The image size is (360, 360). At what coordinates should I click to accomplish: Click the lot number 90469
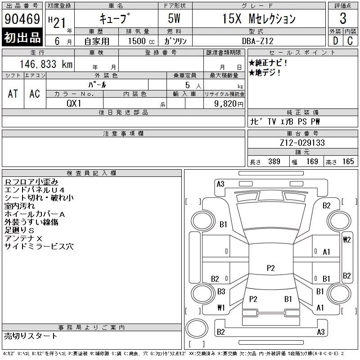pyautogui.click(x=22, y=19)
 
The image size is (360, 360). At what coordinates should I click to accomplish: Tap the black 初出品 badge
pyautogui.click(x=22, y=37)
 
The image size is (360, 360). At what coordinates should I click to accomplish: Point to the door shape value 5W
pyautogui.click(x=174, y=18)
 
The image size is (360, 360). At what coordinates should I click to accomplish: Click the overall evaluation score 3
pyautogui.click(x=343, y=18)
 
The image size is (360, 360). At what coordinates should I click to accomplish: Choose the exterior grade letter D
pyautogui.click(x=335, y=41)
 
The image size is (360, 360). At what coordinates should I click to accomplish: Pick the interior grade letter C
pyautogui.click(x=350, y=41)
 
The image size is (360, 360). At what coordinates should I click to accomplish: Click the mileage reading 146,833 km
pyautogui.click(x=46, y=64)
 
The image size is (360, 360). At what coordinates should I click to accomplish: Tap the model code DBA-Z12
pyautogui.click(x=258, y=41)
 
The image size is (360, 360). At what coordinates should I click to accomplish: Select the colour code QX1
pyautogui.click(x=74, y=103)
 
